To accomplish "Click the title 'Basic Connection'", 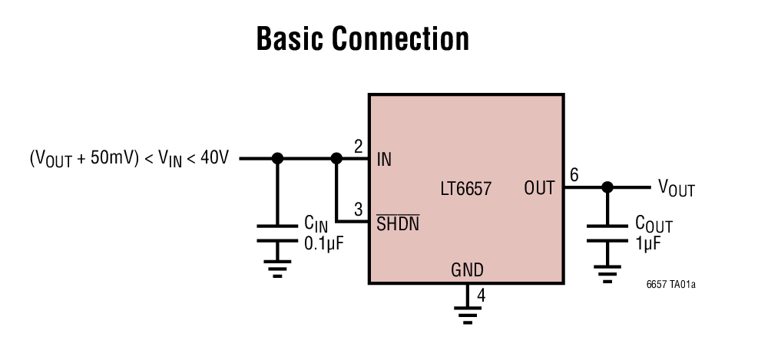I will [x=362, y=39].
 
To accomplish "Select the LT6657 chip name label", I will [x=465, y=187].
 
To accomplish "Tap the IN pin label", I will [x=384, y=160].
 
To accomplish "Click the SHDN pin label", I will [x=397, y=224].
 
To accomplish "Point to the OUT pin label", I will [x=539, y=187].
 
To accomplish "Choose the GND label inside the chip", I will [x=467, y=269].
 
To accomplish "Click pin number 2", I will [x=358, y=147].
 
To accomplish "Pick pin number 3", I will [x=358, y=210].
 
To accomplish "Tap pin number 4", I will [x=481, y=295].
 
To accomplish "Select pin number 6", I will [x=574, y=175].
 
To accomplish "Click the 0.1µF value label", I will [x=323, y=243].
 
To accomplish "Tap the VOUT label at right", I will [x=676, y=188].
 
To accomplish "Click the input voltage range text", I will [x=129, y=160].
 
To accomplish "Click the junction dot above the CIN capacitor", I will [x=278, y=159].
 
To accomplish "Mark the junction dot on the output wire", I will [x=607, y=187].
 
